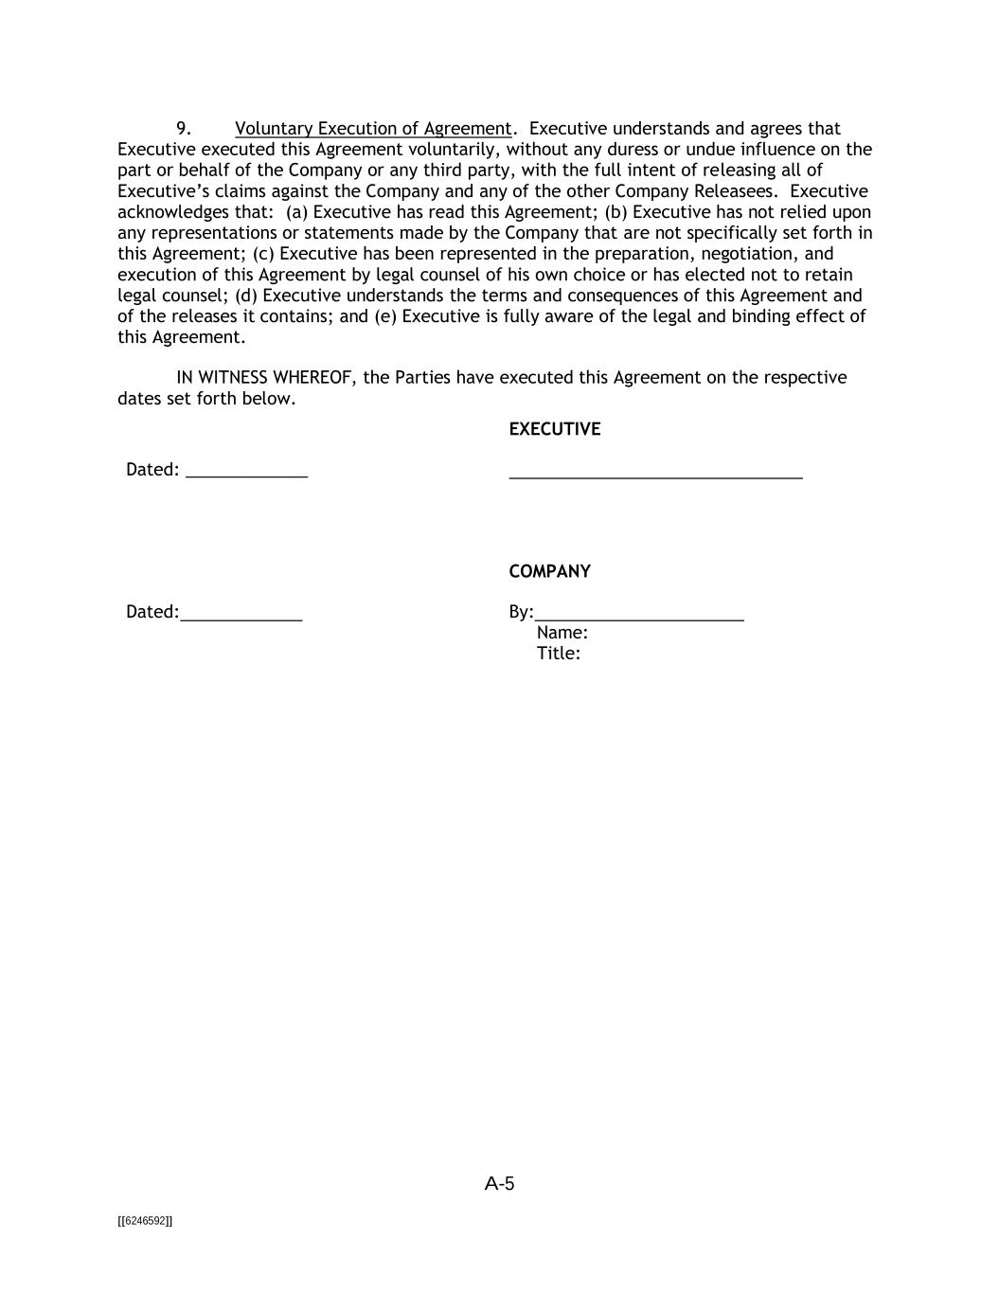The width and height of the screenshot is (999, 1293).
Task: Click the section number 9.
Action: coord(184,129)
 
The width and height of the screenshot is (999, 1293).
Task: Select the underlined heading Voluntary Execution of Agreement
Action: coord(373,129)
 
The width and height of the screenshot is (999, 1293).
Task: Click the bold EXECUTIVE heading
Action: coord(554,429)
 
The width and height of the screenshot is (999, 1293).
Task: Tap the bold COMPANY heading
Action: coord(549,571)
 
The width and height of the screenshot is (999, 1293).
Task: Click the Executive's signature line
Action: coord(655,475)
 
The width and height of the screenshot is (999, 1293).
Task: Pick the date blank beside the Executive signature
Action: coord(247,473)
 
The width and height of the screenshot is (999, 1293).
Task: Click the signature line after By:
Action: coord(639,617)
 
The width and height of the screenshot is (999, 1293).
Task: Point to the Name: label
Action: coord(562,633)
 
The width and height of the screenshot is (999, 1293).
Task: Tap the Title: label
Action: coord(558,654)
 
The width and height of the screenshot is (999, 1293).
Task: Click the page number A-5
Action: coord(499,1183)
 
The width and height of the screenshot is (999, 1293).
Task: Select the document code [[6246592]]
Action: coord(145,1221)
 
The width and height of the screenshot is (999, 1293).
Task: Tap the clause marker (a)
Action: coord(296,212)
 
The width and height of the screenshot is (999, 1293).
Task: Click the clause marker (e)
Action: coord(385,316)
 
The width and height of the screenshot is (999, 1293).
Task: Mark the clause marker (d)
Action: coord(246,296)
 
